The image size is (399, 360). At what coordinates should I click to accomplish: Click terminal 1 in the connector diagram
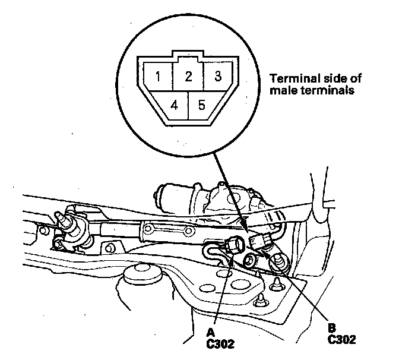coord(157,77)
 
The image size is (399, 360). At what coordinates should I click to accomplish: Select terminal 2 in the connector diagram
coord(188,76)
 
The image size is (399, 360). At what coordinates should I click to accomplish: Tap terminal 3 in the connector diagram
coord(218,76)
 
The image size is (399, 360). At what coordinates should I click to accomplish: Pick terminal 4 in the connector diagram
coord(173,106)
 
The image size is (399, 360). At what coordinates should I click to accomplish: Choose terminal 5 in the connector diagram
coord(202,106)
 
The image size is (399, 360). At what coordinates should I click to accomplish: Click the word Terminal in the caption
coord(292,78)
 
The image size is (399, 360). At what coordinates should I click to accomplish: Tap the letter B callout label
coord(331,327)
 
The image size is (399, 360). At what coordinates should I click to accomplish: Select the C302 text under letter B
coord(341,340)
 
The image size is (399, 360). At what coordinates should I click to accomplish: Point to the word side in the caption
coord(331,78)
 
